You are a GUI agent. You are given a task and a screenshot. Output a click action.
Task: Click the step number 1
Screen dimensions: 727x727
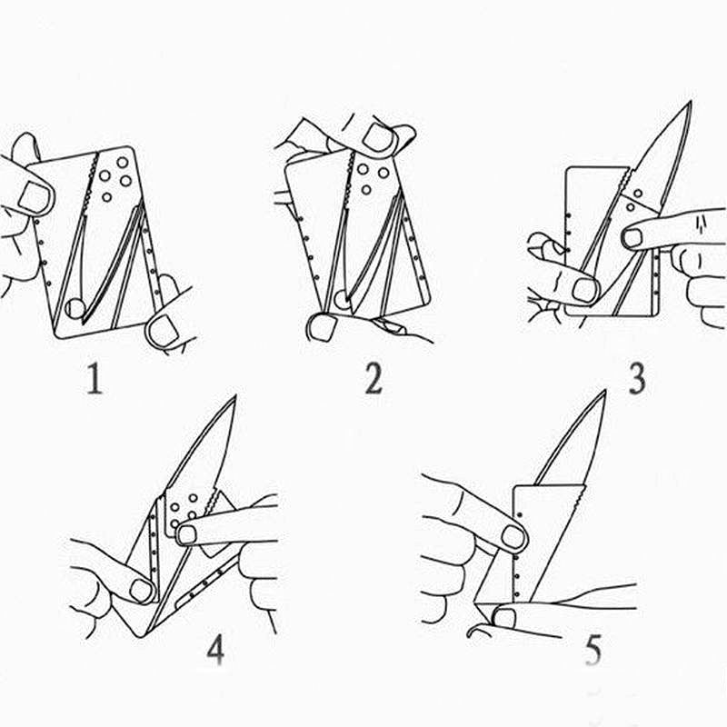(95, 378)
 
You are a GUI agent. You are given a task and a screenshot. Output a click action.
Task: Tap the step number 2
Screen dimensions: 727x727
(373, 378)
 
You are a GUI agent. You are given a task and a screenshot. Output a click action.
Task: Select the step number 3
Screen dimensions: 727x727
(637, 378)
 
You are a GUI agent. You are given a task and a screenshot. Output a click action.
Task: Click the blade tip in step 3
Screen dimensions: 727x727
(691, 102)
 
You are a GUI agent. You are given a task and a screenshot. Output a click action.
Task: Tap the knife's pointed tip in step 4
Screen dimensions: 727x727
(235, 396)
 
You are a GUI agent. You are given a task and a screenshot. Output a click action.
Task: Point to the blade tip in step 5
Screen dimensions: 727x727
(604, 392)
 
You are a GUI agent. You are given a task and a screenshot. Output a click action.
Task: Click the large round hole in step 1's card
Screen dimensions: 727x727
(75, 308)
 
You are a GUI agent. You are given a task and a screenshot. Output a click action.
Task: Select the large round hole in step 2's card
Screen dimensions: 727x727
(343, 299)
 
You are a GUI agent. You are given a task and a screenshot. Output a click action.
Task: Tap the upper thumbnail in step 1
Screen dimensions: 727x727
(34, 197)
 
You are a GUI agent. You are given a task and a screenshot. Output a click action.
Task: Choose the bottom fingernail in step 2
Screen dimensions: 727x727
(322, 327)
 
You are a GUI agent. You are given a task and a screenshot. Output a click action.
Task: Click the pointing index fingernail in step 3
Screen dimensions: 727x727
(632, 238)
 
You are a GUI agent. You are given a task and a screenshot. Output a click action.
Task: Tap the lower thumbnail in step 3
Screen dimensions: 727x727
(584, 291)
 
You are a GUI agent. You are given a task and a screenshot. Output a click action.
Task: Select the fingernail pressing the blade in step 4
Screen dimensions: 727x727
(186, 534)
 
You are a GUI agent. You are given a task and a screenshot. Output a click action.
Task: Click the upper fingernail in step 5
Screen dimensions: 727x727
(513, 536)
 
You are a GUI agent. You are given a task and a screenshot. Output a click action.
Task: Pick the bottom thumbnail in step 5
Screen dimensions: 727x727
(503, 619)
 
